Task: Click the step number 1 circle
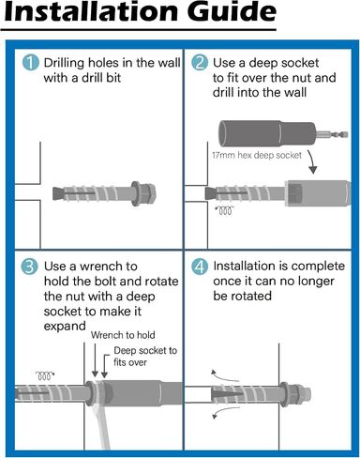31,62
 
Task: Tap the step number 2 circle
200,62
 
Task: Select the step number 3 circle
30,267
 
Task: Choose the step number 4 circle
200,267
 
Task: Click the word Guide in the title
232,11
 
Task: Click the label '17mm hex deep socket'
257,155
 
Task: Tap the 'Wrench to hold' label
123,335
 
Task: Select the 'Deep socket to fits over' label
145,357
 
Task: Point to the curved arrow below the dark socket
312,161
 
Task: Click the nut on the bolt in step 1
143,193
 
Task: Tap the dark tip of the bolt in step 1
58,193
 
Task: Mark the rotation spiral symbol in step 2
225,211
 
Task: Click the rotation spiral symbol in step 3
45,375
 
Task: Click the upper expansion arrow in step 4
224,375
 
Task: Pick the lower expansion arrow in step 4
225,412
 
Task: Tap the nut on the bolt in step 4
295,394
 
